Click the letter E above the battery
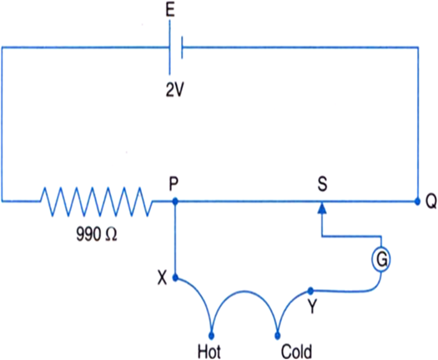tap(170, 10)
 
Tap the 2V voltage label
tap(175, 90)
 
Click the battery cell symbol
tap(176, 47)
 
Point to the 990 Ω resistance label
tap(97, 234)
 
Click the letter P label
tap(174, 184)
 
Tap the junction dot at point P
tap(175, 201)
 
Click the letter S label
tap(322, 184)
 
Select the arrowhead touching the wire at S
tap(322, 207)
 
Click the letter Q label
tap(430, 202)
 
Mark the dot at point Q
tap(417, 201)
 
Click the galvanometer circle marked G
tap(381, 259)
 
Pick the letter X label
tap(163, 278)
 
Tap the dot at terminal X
tap(175, 277)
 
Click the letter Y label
tap(312, 307)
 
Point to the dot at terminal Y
tap(310, 291)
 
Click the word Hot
tap(209, 352)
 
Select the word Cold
tap(296, 352)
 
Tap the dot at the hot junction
tap(211, 335)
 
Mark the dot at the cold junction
tap(277, 335)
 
